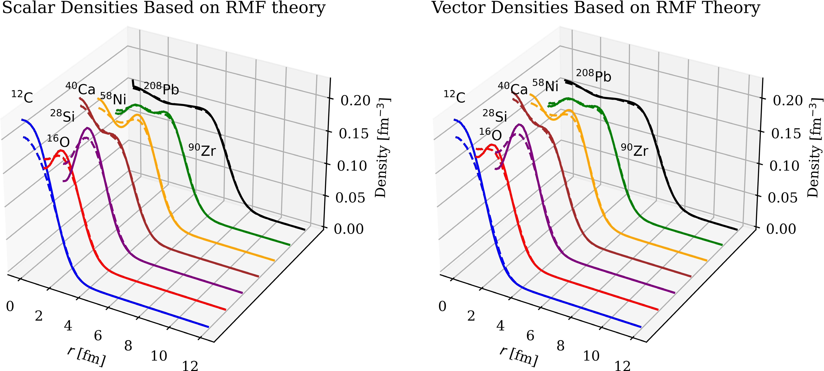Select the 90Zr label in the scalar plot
coord(202,150)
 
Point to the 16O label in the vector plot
coord(490,135)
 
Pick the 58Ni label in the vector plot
coord(545,85)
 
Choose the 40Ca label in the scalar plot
coord(81,89)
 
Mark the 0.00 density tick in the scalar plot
coord(349,229)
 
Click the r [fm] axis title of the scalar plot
coord(86,356)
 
